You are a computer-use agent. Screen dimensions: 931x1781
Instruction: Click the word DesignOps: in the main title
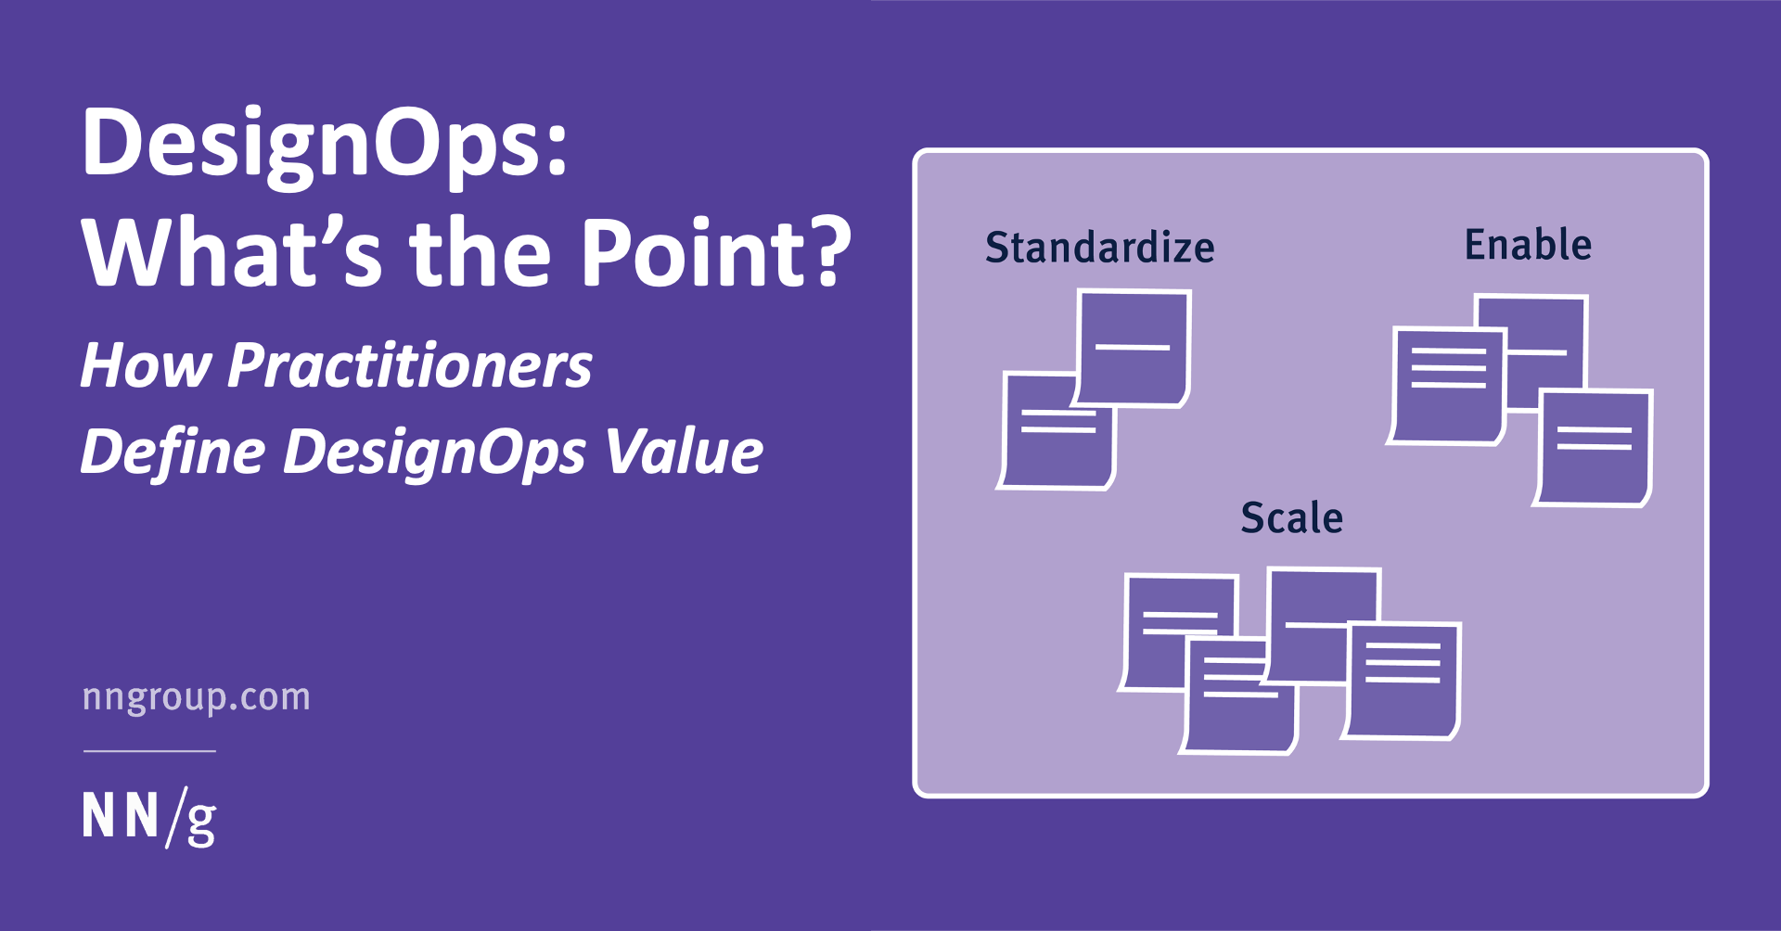[325, 144]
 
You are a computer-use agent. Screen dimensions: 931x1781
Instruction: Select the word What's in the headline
[232, 252]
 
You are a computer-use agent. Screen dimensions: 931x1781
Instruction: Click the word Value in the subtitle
[684, 452]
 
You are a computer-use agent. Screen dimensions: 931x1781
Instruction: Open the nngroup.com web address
[197, 697]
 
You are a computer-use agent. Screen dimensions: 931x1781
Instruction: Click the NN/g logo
[149, 817]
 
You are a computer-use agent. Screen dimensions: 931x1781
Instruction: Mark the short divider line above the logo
[149, 751]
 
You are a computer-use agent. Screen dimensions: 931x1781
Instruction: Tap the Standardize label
[1099, 248]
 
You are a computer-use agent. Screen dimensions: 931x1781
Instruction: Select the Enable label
[1528, 245]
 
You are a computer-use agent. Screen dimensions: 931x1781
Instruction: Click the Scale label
[1291, 517]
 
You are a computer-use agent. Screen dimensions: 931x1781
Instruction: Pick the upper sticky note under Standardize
[1134, 348]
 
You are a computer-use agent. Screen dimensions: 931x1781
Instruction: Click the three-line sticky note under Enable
[1445, 385]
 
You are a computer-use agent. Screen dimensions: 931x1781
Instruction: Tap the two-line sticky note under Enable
[1594, 450]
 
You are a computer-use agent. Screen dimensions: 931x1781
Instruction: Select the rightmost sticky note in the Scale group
[1403, 682]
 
